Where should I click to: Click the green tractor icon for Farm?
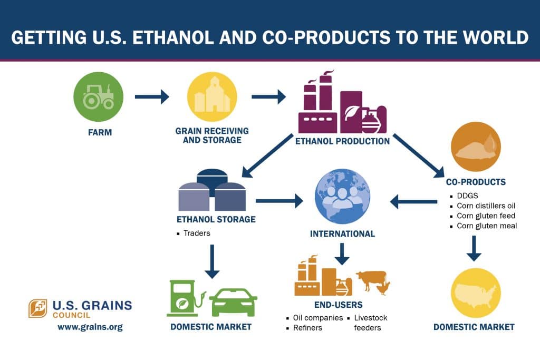(98, 98)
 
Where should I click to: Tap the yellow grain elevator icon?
(212, 97)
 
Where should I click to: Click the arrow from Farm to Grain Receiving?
(151, 96)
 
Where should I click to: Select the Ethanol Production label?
(342, 141)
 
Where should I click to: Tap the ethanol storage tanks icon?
(213, 191)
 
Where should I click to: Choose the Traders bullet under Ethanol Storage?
(197, 233)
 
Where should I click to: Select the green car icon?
(233, 302)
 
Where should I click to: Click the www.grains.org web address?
(90, 327)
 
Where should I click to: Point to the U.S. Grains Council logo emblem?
(38, 308)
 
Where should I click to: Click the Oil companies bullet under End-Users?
(318, 318)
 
